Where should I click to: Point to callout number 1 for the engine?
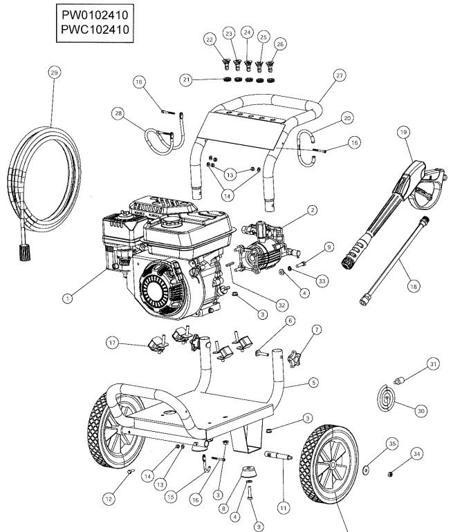[x=67, y=298]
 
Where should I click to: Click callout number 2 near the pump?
[x=312, y=209]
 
